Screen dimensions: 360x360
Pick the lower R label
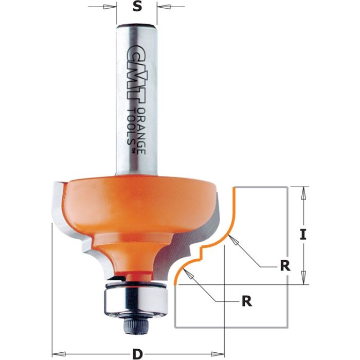click(247, 301)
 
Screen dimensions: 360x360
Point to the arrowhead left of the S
click(111, 7)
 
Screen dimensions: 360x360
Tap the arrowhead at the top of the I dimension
click(304, 192)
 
